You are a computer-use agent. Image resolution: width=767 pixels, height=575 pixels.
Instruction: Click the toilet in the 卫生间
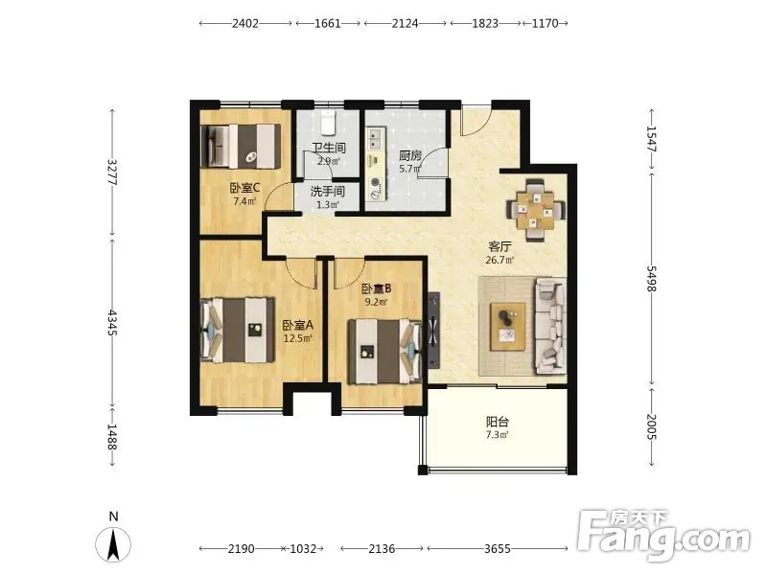(328, 123)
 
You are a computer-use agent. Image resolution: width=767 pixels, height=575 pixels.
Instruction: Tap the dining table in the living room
(535, 211)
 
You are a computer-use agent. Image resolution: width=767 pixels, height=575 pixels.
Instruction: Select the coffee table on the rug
(508, 326)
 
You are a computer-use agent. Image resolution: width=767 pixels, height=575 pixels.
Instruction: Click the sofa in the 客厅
(551, 326)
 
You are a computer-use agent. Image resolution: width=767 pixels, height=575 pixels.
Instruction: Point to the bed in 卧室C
(241, 147)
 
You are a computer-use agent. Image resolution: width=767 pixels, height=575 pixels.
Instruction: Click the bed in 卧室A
(238, 330)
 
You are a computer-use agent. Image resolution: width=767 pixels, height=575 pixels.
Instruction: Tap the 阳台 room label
(497, 422)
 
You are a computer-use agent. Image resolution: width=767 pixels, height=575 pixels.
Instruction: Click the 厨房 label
(410, 156)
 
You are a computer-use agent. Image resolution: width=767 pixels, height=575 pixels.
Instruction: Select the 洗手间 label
(327, 191)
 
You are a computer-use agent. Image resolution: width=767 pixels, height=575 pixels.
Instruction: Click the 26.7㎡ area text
(500, 260)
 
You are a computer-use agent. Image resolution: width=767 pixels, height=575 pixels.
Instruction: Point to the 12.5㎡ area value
(297, 338)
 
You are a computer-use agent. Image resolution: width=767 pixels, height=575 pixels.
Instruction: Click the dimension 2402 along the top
(245, 23)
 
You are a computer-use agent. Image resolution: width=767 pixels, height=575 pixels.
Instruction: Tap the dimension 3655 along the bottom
(498, 548)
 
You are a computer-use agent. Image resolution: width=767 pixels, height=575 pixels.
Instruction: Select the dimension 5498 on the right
(652, 279)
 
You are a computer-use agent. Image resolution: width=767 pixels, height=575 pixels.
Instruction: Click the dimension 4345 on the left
(112, 323)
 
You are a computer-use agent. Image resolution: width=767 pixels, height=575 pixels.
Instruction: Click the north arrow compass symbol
(113, 543)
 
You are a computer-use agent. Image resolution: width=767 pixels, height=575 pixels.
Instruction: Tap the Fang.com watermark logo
(662, 536)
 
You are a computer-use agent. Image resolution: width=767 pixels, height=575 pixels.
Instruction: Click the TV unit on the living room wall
(433, 331)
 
